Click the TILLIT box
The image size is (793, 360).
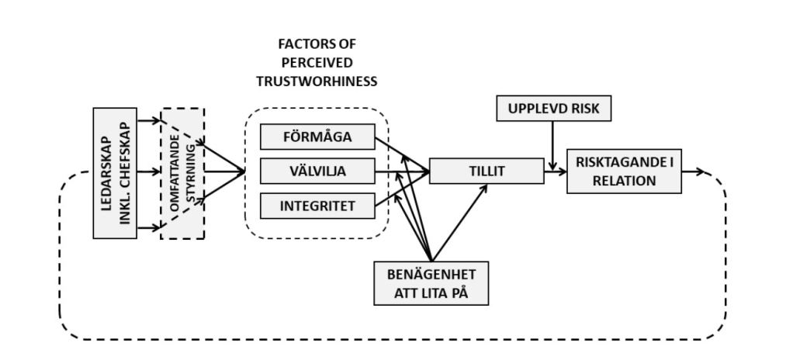(486, 171)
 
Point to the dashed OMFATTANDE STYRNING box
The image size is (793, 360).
(182, 172)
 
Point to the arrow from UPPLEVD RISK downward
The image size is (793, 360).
(552, 144)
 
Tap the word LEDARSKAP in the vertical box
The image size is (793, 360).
(106, 172)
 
